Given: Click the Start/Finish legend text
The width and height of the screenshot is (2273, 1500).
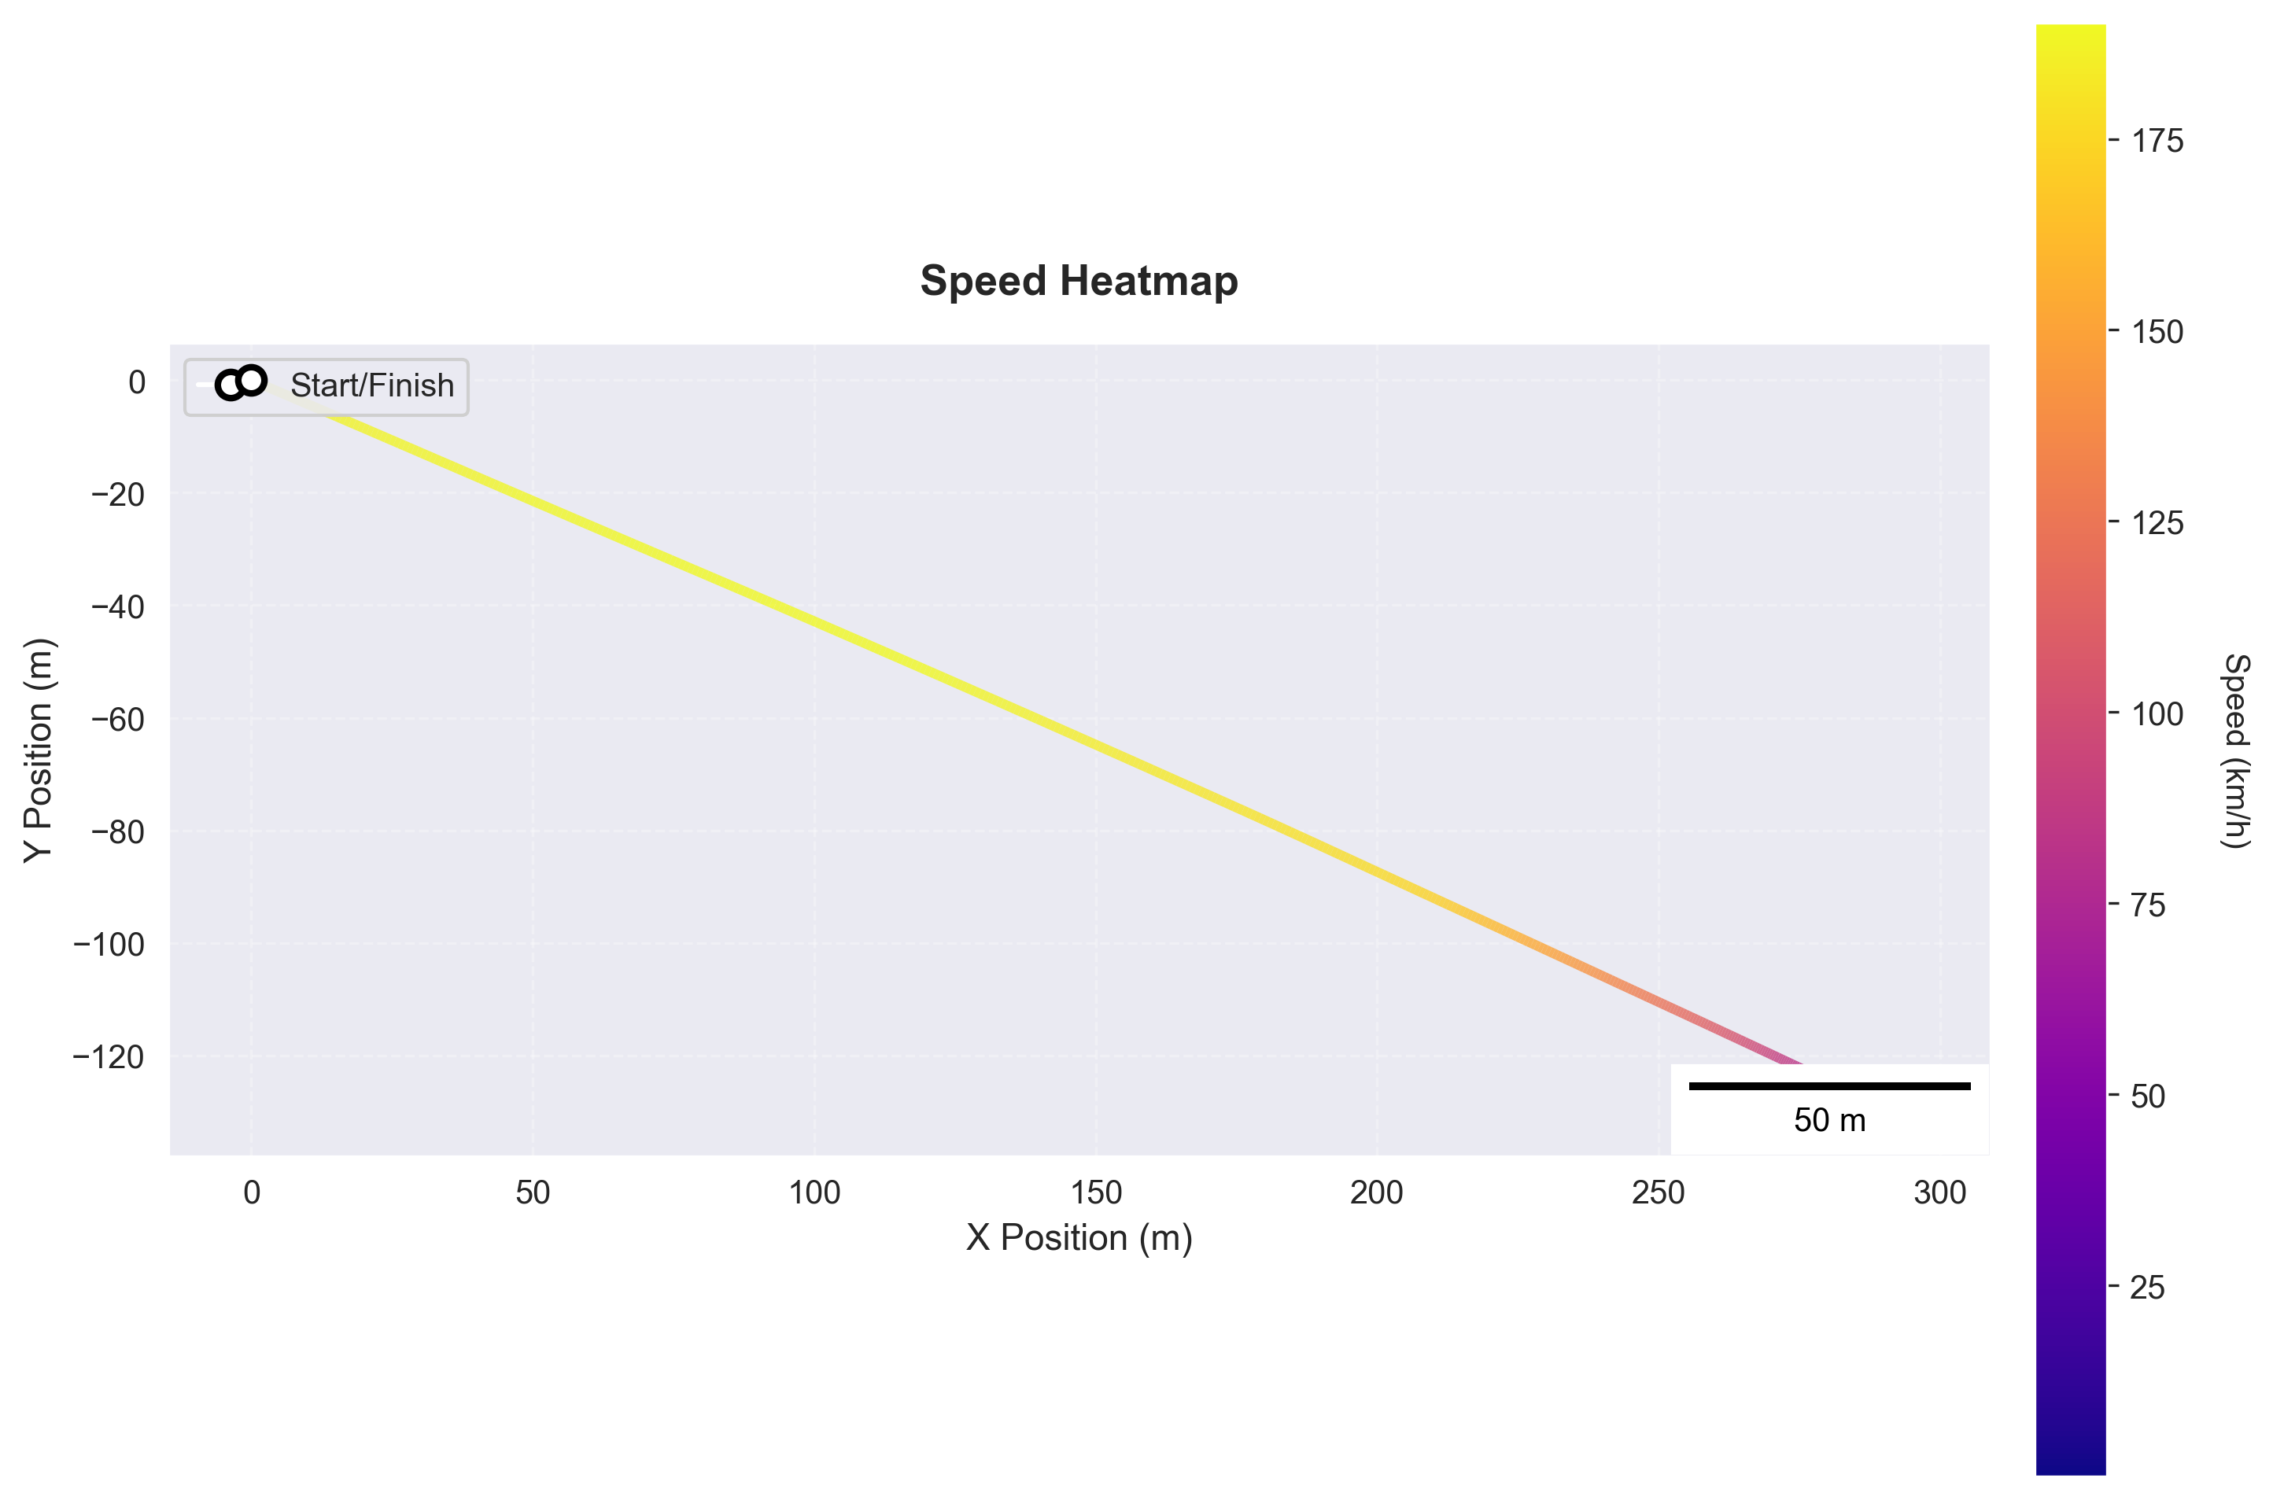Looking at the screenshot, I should point(372,385).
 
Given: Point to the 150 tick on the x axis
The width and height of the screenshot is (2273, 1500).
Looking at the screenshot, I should point(1095,1193).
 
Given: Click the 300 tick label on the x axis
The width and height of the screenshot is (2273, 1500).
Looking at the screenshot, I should point(1939,1193).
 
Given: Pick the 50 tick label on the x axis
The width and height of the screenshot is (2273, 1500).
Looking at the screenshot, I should point(533,1193).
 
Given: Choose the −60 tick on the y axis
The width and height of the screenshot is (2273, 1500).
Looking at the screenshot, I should point(118,720).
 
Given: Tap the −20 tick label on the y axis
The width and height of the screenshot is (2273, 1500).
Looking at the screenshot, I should point(118,495).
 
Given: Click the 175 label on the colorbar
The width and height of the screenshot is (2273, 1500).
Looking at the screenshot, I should point(2157,142).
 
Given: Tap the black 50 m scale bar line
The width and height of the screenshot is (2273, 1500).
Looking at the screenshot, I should point(1829,1085).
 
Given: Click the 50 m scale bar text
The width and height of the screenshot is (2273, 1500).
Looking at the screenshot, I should point(1829,1120).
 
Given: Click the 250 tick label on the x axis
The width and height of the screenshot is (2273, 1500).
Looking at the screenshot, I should point(1658,1193).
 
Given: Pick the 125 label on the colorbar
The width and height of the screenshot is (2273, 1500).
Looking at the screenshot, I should point(2157,523).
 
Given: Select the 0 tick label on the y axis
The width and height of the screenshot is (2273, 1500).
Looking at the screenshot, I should point(137,382).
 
